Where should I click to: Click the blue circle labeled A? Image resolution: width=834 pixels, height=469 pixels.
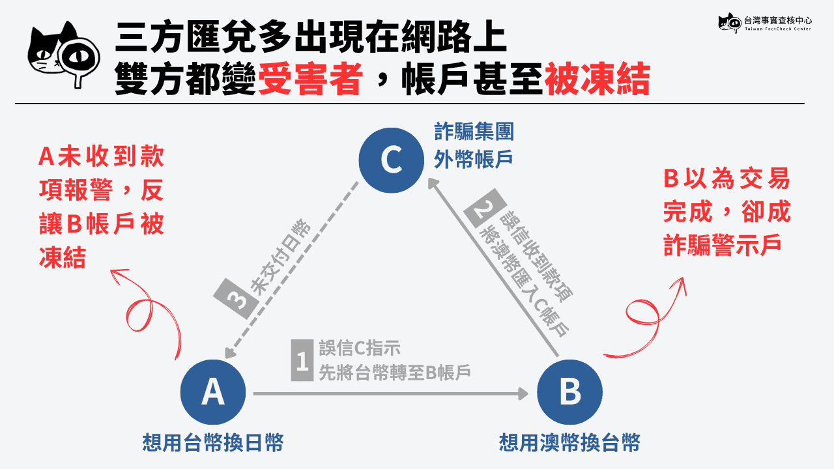coord(213,392)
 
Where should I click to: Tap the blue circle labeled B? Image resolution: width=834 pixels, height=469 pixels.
coord(569,392)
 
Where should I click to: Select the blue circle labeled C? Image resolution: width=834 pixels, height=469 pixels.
coord(392,160)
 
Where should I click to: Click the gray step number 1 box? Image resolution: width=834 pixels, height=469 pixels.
coord(302,360)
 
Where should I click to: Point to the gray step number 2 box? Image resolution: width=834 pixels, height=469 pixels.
coord(484,208)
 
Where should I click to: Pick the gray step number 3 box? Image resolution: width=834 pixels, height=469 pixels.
coord(236,298)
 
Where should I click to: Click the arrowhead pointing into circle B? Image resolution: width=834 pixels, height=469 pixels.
coord(524,393)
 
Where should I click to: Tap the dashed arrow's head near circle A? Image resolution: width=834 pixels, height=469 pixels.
coord(230,352)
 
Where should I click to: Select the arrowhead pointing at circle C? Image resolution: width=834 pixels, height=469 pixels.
coord(433,183)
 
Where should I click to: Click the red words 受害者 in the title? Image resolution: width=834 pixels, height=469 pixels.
coord(310,79)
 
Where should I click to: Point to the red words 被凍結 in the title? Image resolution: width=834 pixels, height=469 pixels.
coord(597,79)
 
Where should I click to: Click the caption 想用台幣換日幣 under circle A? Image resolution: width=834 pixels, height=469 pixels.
coord(213,442)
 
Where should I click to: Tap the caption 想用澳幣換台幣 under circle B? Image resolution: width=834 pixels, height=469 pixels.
coord(569,442)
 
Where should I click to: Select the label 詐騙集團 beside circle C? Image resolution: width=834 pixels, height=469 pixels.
coord(474,132)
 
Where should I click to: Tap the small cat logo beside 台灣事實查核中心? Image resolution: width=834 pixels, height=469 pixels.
coord(730,23)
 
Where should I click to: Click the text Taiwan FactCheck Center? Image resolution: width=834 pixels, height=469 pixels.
coord(778,29)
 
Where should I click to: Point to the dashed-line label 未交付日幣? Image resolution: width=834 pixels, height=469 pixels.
coord(280,257)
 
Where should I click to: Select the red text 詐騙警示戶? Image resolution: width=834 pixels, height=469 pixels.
coord(722,245)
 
